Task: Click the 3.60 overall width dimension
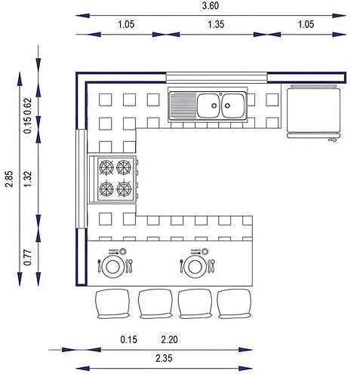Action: pos(211,5)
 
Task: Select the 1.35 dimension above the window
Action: pos(216,24)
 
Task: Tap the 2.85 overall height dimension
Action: pos(9,179)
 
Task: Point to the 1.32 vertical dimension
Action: pos(27,179)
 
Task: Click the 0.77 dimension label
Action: pos(27,257)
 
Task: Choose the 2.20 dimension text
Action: pos(169,339)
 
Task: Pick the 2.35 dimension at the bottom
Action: pos(164,358)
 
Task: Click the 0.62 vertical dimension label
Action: pos(27,106)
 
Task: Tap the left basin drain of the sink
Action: pos(214,106)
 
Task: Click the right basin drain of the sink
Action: pos(227,106)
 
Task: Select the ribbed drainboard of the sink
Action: pos(183,106)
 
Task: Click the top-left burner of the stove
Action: pos(106,167)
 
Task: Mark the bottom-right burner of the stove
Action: pos(124,188)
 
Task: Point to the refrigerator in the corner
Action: pos(313,112)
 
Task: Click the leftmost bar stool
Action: pos(112,304)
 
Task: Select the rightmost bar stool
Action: pos(234,304)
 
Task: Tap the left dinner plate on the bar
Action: pos(113,267)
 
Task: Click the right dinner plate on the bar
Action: pos(194,267)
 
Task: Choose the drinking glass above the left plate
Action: pos(123,251)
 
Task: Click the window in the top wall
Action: pos(217,78)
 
